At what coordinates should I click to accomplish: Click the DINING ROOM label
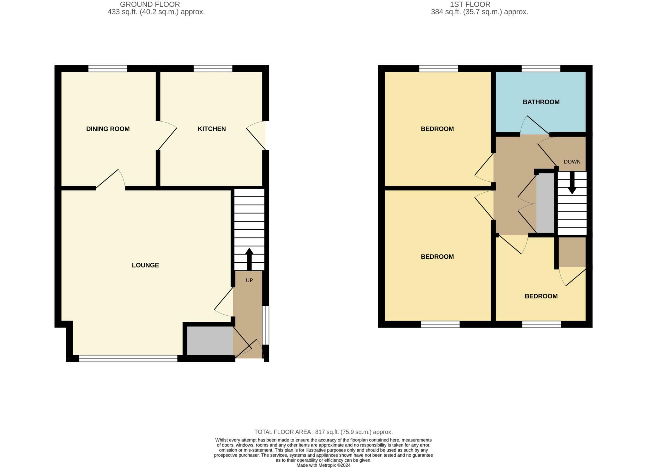(108, 129)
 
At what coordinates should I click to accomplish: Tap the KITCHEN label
(212, 129)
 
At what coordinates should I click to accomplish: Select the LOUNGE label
(145, 265)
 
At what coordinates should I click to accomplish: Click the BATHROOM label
(541, 102)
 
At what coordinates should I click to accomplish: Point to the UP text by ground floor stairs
(249, 280)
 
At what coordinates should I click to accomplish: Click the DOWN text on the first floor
(572, 162)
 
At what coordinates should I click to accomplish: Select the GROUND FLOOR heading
(150, 4)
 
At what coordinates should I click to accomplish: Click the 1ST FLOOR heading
(479, 4)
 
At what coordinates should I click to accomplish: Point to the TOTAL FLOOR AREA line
(323, 432)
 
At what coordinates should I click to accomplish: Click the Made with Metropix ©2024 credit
(323, 465)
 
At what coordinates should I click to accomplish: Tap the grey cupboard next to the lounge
(210, 341)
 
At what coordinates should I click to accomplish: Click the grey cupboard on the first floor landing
(545, 203)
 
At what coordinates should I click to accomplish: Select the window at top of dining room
(107, 69)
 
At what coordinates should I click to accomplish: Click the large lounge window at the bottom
(128, 358)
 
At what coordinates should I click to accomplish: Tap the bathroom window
(541, 69)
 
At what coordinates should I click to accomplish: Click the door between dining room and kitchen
(167, 136)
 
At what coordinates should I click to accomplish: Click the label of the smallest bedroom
(541, 296)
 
